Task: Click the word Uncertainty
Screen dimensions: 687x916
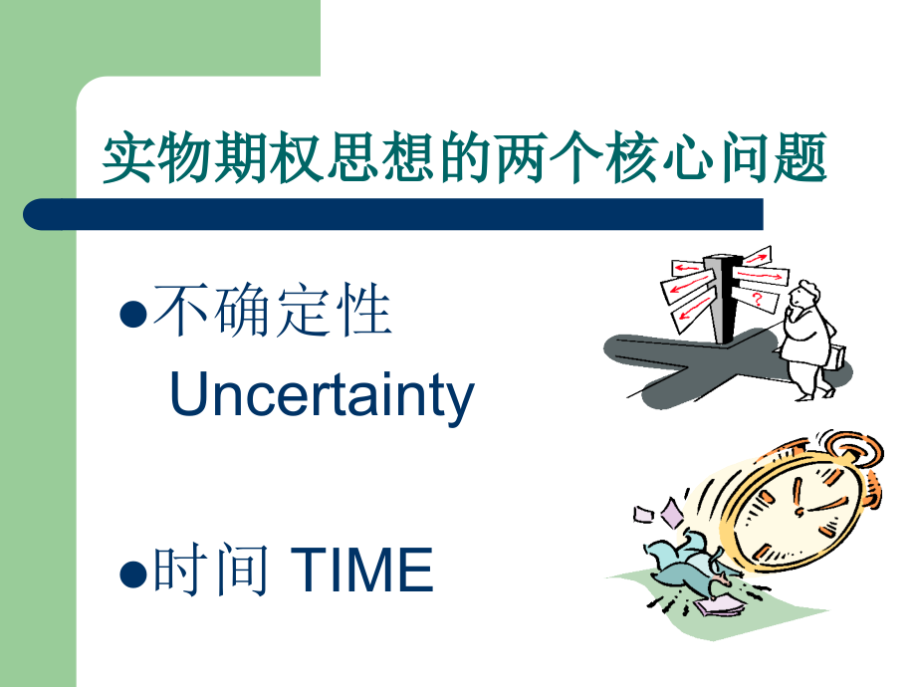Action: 322,396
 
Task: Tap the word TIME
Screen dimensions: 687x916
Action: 364,572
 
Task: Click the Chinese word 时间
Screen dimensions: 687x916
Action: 211,572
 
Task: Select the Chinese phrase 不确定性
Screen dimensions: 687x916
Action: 272,312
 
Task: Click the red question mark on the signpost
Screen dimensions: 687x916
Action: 758,298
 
